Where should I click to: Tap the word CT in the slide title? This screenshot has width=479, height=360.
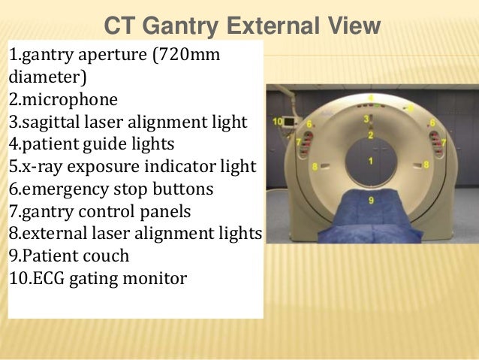(118, 27)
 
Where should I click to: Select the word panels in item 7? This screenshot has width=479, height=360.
(170, 210)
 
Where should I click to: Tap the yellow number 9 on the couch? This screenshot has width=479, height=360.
(371, 199)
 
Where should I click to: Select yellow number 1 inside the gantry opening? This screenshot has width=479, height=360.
(370, 162)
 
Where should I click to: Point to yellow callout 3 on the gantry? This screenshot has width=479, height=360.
(366, 119)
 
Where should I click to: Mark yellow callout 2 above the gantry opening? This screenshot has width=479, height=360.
(370, 135)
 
